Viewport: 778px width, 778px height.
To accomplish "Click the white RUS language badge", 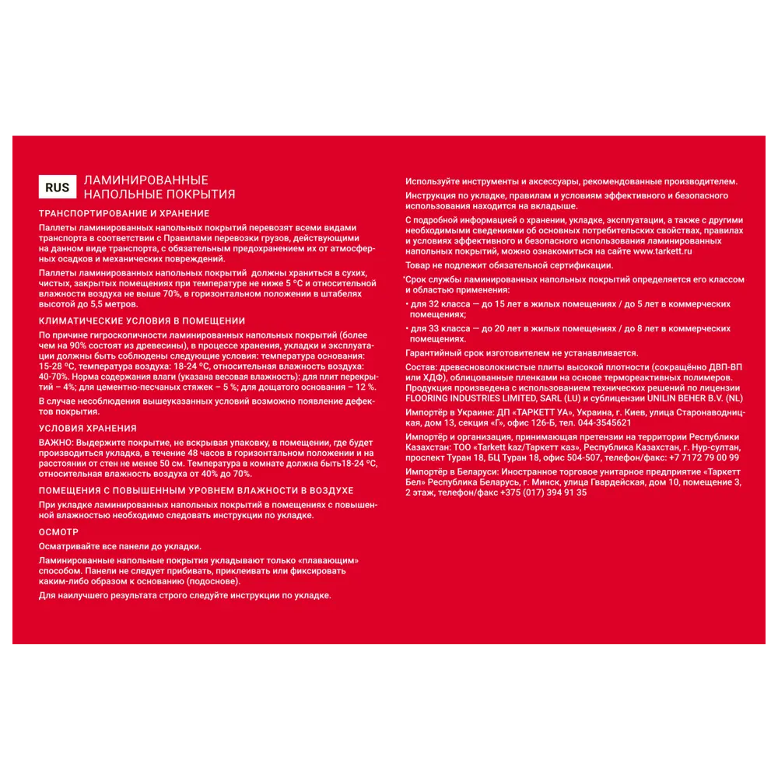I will [x=57, y=187].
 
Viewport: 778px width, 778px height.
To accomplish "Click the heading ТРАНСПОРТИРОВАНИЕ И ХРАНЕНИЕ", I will [x=124, y=213].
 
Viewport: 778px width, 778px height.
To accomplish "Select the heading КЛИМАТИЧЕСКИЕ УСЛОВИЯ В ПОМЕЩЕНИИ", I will [x=142, y=321].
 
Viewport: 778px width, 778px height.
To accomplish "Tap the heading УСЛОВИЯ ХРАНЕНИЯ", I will [x=87, y=428].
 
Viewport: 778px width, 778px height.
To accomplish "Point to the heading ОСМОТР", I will [x=59, y=532].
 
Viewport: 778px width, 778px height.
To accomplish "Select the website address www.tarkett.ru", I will [x=663, y=251].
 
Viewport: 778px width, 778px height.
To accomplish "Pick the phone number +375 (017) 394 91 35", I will [x=543, y=492].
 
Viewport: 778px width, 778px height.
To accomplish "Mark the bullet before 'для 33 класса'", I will [x=408, y=329].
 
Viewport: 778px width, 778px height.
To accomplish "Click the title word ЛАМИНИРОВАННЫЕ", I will [x=145, y=180].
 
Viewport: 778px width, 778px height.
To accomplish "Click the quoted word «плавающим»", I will [x=330, y=560].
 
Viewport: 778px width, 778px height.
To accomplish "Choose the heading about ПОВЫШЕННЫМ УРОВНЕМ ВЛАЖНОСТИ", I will [x=196, y=491].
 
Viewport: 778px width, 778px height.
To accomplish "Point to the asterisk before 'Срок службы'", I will [x=404, y=278].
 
